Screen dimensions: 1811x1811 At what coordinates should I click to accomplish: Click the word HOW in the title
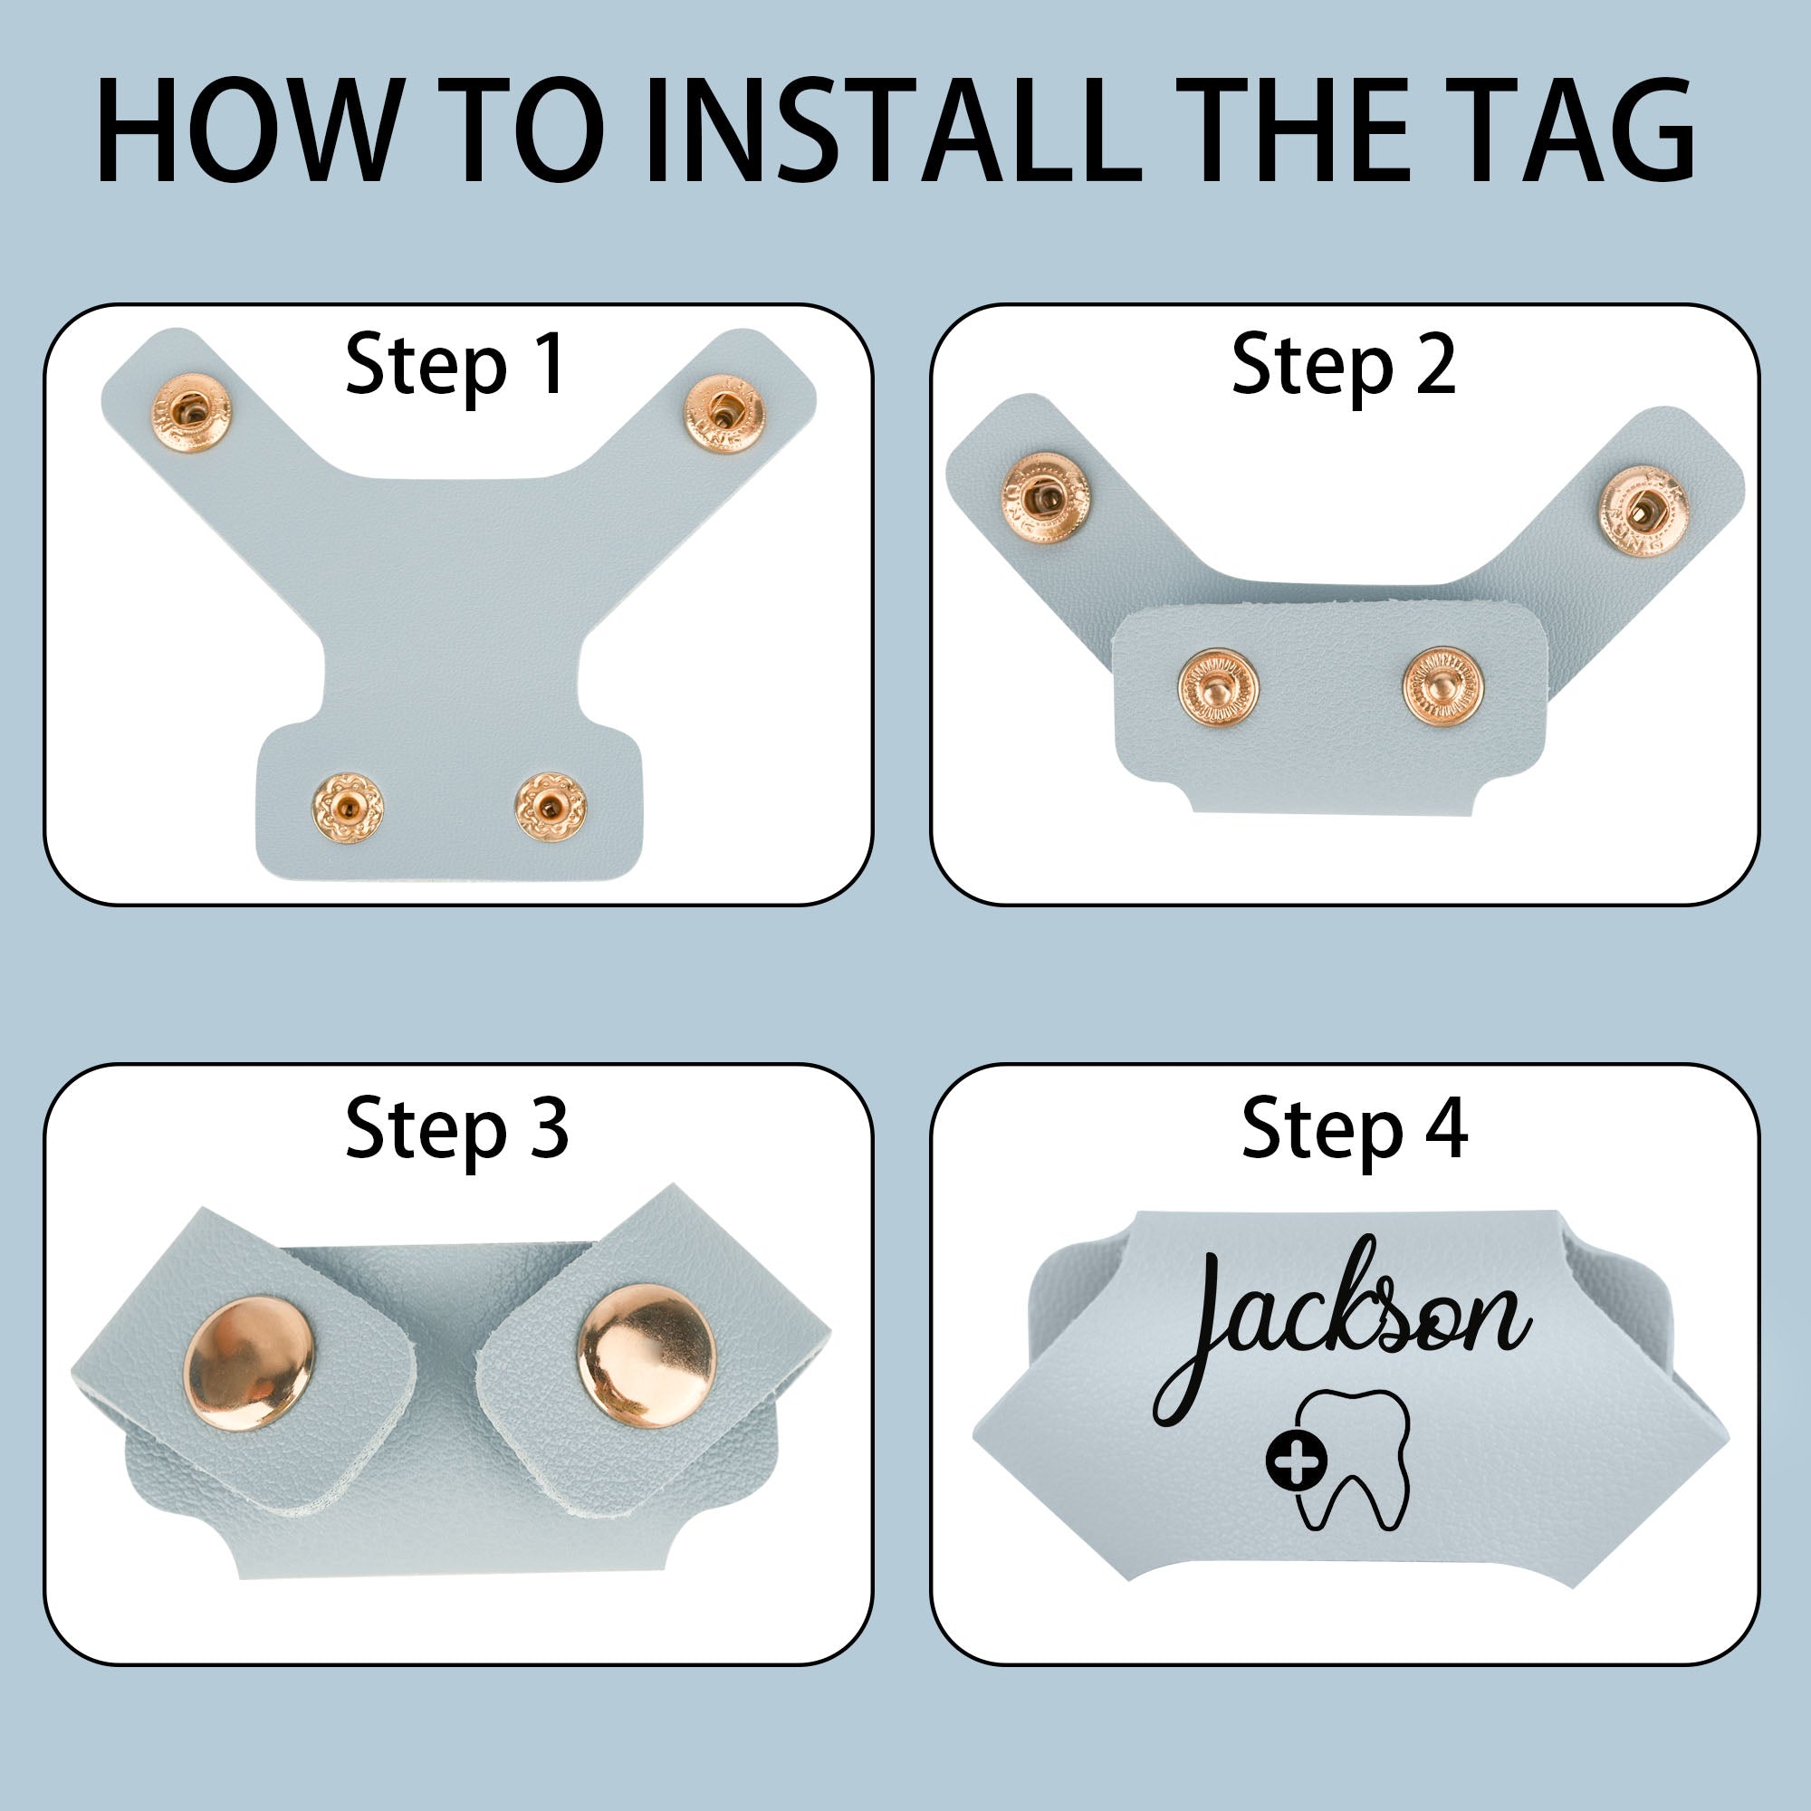pos(245,130)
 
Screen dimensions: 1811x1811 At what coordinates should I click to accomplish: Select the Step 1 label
pos(456,366)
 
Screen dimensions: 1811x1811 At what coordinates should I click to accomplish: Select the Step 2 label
pos(1344,366)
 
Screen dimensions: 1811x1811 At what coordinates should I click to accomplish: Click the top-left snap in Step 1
pos(190,414)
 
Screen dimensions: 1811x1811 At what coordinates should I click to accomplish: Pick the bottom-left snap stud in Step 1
pos(348,806)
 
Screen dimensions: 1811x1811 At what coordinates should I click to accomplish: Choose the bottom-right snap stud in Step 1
pos(551,806)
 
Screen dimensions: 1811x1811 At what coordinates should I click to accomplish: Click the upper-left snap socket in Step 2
pos(1046,498)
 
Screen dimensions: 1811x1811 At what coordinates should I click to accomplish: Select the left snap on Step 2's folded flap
pos(1218,690)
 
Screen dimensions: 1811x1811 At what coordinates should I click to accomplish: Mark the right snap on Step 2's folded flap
pos(1443,685)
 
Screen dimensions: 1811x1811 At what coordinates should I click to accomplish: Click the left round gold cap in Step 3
pos(249,1363)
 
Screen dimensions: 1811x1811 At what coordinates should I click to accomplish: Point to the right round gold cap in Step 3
pos(646,1356)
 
